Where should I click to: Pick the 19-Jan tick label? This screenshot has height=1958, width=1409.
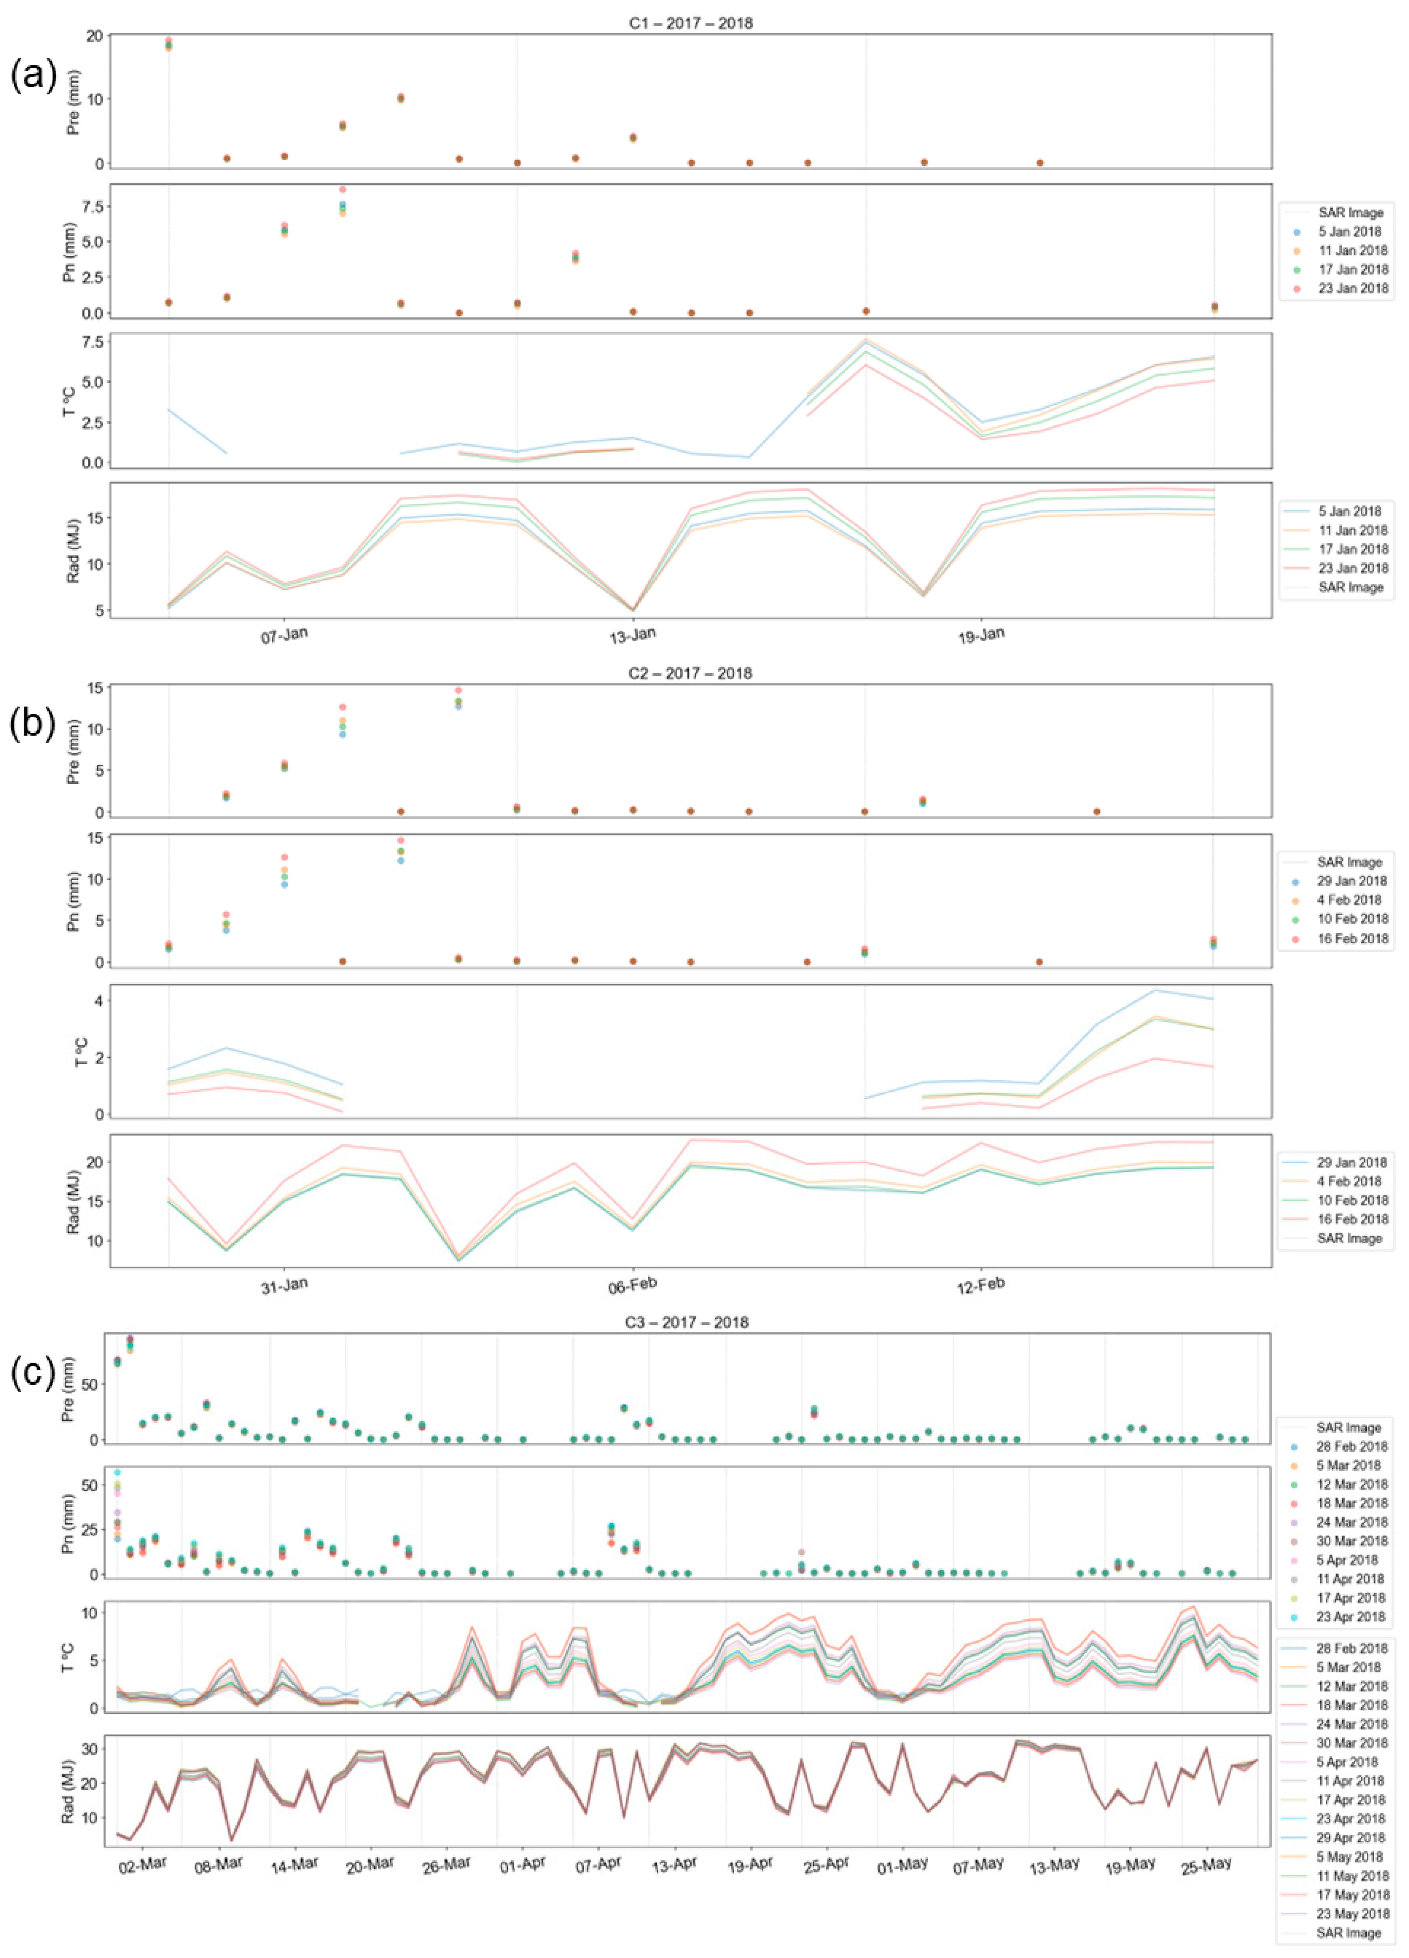click(x=982, y=636)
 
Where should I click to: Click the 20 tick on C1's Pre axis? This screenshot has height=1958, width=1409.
click(x=94, y=36)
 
